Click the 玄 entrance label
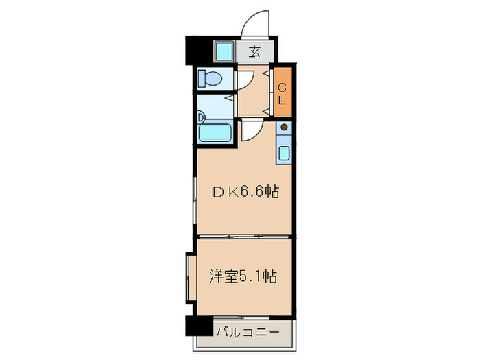click(x=254, y=51)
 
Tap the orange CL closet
click(x=283, y=92)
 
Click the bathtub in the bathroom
click(x=215, y=133)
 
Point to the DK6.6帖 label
click(x=245, y=193)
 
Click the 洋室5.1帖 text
click(x=243, y=277)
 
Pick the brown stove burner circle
click(x=285, y=127)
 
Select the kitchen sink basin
click(x=285, y=152)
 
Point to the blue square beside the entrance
click(x=224, y=51)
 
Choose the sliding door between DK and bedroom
click(x=245, y=237)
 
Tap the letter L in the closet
click(x=283, y=99)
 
